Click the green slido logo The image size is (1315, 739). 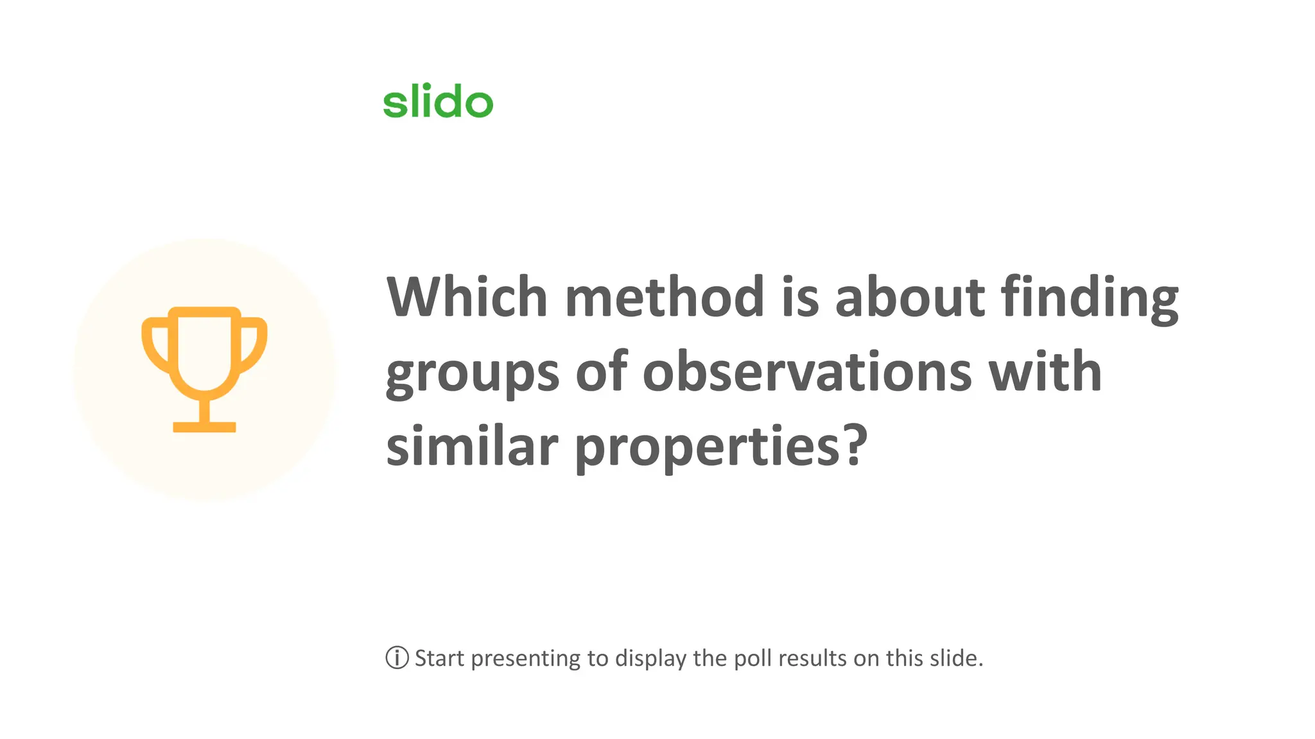[x=438, y=101]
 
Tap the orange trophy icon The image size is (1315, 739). [x=204, y=369]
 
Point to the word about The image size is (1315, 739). [x=909, y=297]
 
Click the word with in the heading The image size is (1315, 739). [x=1045, y=371]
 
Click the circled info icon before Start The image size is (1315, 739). [x=397, y=658]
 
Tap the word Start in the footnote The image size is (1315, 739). [x=439, y=658]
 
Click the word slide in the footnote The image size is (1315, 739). [x=957, y=658]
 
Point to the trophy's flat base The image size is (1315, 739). [x=204, y=427]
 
